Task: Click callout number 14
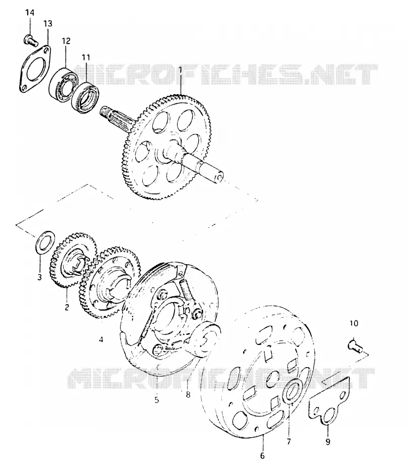[30, 13]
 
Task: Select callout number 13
[48, 23]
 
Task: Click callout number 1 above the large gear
[181, 70]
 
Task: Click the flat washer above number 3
[45, 242]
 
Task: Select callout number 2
[67, 307]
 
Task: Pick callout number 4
[101, 339]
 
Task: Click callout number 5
[157, 400]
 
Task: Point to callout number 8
[188, 395]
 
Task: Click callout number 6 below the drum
[262, 455]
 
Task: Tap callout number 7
[288, 441]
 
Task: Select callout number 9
[328, 441]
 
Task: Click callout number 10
[354, 323]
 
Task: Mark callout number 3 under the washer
[39, 277]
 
